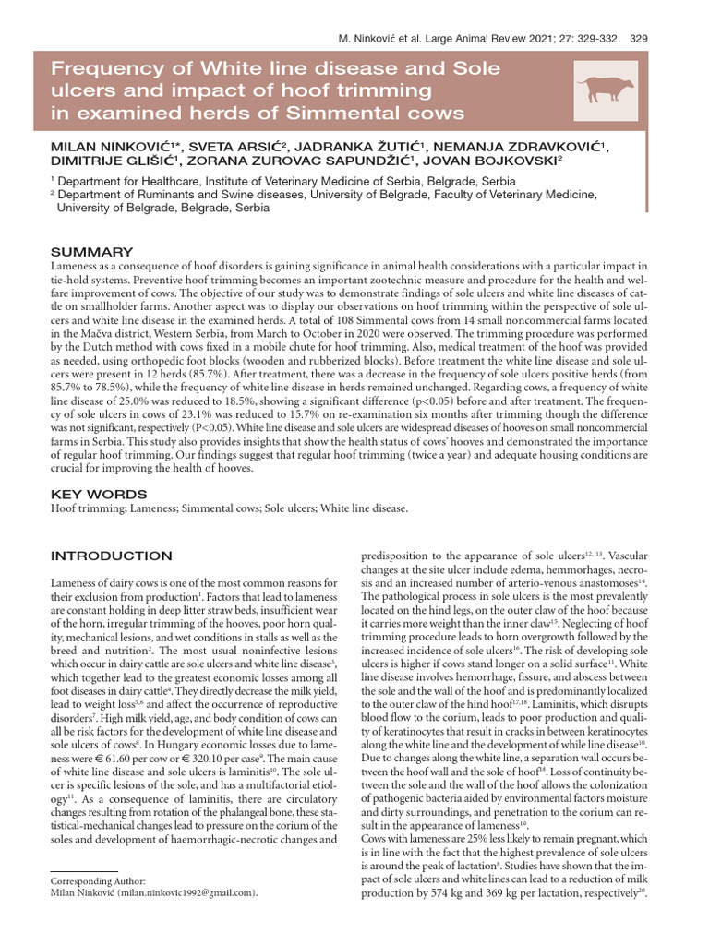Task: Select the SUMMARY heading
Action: pyautogui.click(x=91, y=251)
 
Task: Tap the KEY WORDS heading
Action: pyautogui.click(x=98, y=494)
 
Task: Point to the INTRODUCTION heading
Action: pyautogui.click(x=111, y=556)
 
